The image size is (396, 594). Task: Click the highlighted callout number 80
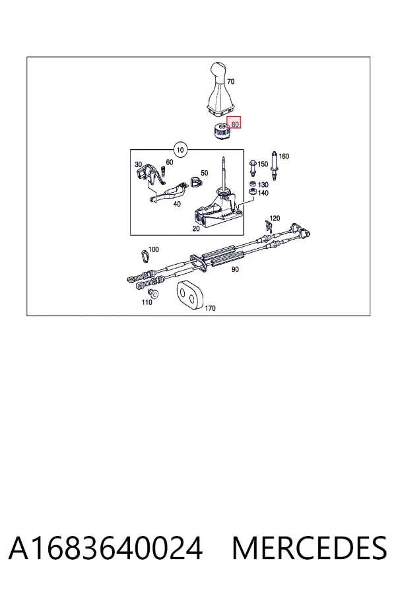coord(235,124)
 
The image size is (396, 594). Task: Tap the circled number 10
coord(180,150)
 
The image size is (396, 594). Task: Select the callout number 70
coord(230,81)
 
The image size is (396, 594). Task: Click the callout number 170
coord(210,308)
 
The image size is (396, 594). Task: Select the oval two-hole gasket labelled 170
coord(189,295)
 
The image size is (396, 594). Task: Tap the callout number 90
coord(235,269)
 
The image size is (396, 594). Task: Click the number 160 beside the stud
coord(283,156)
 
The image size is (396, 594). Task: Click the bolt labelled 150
coord(253,168)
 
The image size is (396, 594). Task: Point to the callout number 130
coord(263,185)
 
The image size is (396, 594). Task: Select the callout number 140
coord(263,193)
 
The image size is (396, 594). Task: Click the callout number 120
coord(275,218)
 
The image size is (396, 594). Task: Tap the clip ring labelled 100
coord(145,255)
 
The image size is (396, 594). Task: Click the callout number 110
coord(147,302)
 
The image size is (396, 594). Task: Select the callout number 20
coord(196,228)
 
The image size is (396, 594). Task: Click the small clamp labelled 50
coord(195,181)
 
